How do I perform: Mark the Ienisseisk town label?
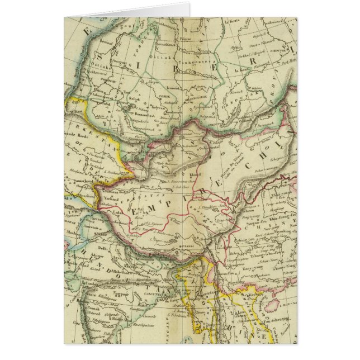168,87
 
